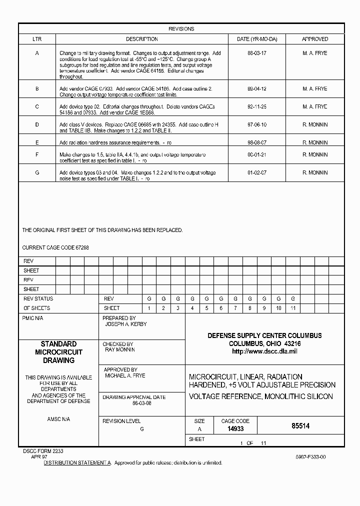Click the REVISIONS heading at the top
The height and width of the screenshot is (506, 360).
point(181,29)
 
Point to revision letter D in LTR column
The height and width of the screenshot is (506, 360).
point(37,124)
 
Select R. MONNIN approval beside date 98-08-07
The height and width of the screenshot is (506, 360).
point(315,142)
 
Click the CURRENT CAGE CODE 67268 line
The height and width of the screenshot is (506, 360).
point(55,247)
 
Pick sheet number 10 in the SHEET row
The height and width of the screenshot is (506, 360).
point(278,308)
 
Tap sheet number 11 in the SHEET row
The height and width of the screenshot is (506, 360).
point(293,308)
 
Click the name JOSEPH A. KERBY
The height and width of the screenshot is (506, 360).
point(126,324)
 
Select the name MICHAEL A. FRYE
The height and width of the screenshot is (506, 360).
point(125,375)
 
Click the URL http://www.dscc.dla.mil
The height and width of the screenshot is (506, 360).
point(264,351)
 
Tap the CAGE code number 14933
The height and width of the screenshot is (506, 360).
point(235,429)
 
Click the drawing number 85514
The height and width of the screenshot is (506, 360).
point(300,426)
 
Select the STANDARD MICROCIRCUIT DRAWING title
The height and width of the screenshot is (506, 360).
point(58,352)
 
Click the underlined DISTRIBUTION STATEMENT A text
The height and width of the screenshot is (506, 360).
point(77,463)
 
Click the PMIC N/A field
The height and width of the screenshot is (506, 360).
point(33,318)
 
